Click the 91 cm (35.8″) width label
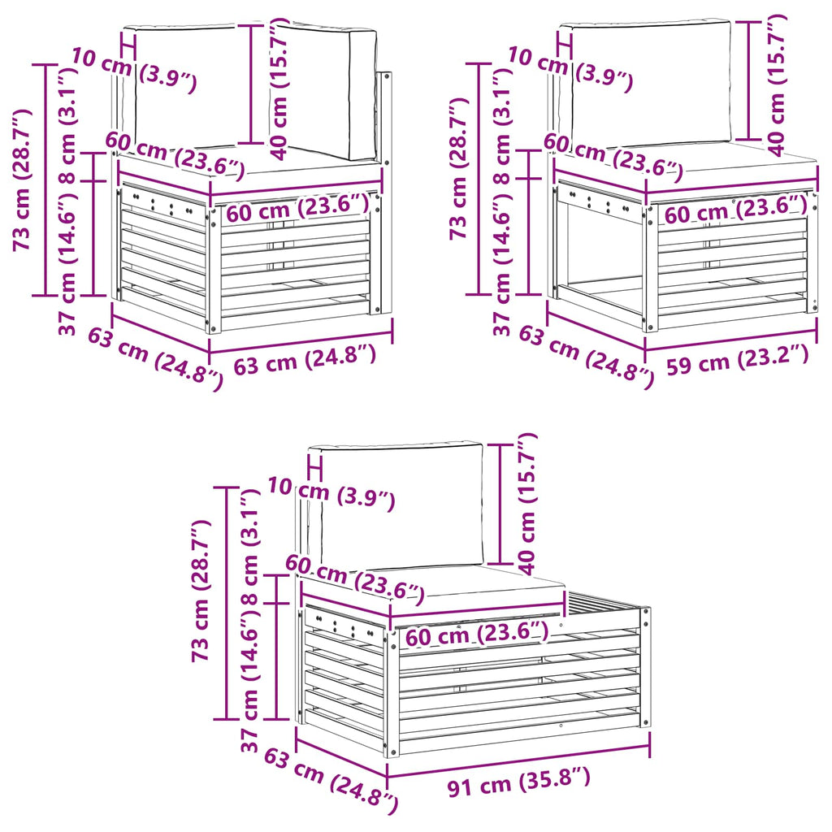(518, 782)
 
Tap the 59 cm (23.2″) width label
(738, 359)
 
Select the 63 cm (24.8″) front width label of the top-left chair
(305, 359)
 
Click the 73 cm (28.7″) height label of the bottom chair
(201, 591)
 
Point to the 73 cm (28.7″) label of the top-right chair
(459, 168)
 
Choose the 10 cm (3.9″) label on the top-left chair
(134, 70)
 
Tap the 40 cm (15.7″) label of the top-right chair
(776, 84)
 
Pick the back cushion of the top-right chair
(651, 82)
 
